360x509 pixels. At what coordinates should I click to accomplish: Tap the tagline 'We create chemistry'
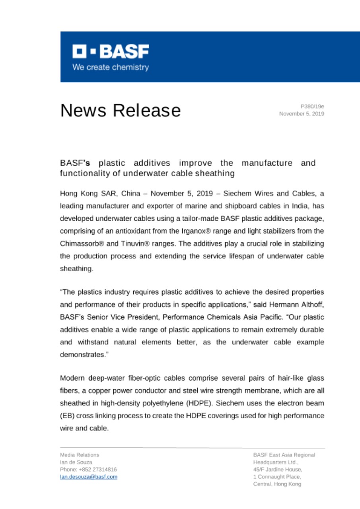[111, 67]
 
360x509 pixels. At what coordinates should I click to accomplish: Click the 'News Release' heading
[120, 110]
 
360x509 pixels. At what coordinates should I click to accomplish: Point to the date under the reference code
[302, 114]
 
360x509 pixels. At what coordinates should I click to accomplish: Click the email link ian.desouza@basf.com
[88, 477]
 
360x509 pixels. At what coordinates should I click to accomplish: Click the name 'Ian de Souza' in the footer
[76, 462]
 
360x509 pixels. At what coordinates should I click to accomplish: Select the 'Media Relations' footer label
[80, 455]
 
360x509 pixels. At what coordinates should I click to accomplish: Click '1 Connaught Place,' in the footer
[277, 477]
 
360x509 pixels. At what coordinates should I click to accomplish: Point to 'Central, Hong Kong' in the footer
[277, 484]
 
